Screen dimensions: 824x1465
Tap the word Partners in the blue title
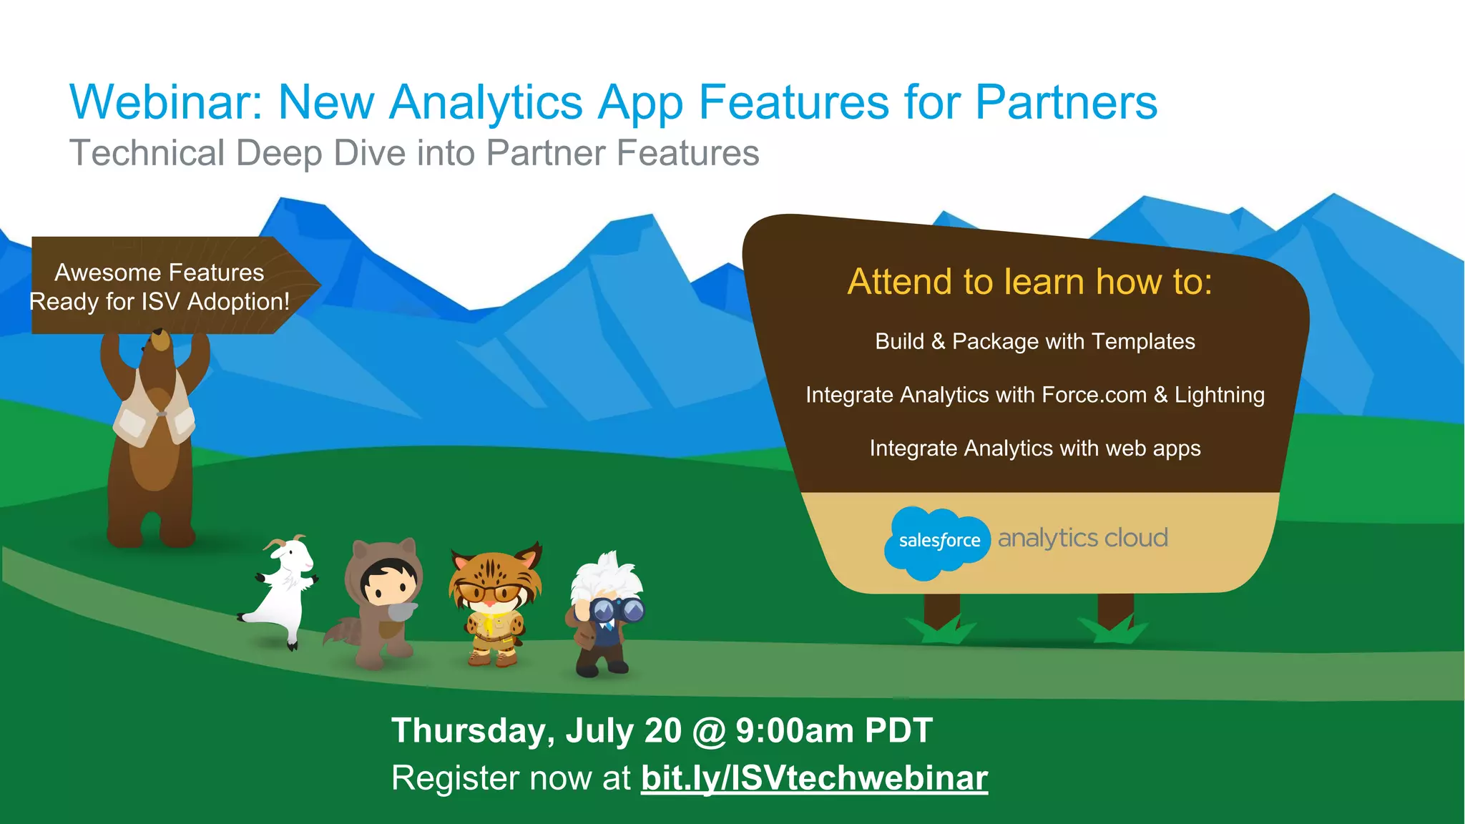click(1066, 102)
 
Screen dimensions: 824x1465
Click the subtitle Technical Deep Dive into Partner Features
click(413, 153)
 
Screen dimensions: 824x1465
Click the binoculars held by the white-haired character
click(618, 609)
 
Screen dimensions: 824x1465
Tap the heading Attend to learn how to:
click(1030, 281)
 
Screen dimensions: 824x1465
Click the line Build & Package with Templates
click(1034, 341)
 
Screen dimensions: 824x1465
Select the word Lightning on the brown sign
click(1219, 395)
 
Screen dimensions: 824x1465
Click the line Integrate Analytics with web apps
click(1034, 448)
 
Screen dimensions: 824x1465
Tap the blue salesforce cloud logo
click(937, 541)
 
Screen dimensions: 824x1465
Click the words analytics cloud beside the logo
click(1082, 538)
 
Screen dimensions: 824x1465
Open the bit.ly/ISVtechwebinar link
click(814, 778)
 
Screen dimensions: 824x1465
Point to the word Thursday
click(473, 731)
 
